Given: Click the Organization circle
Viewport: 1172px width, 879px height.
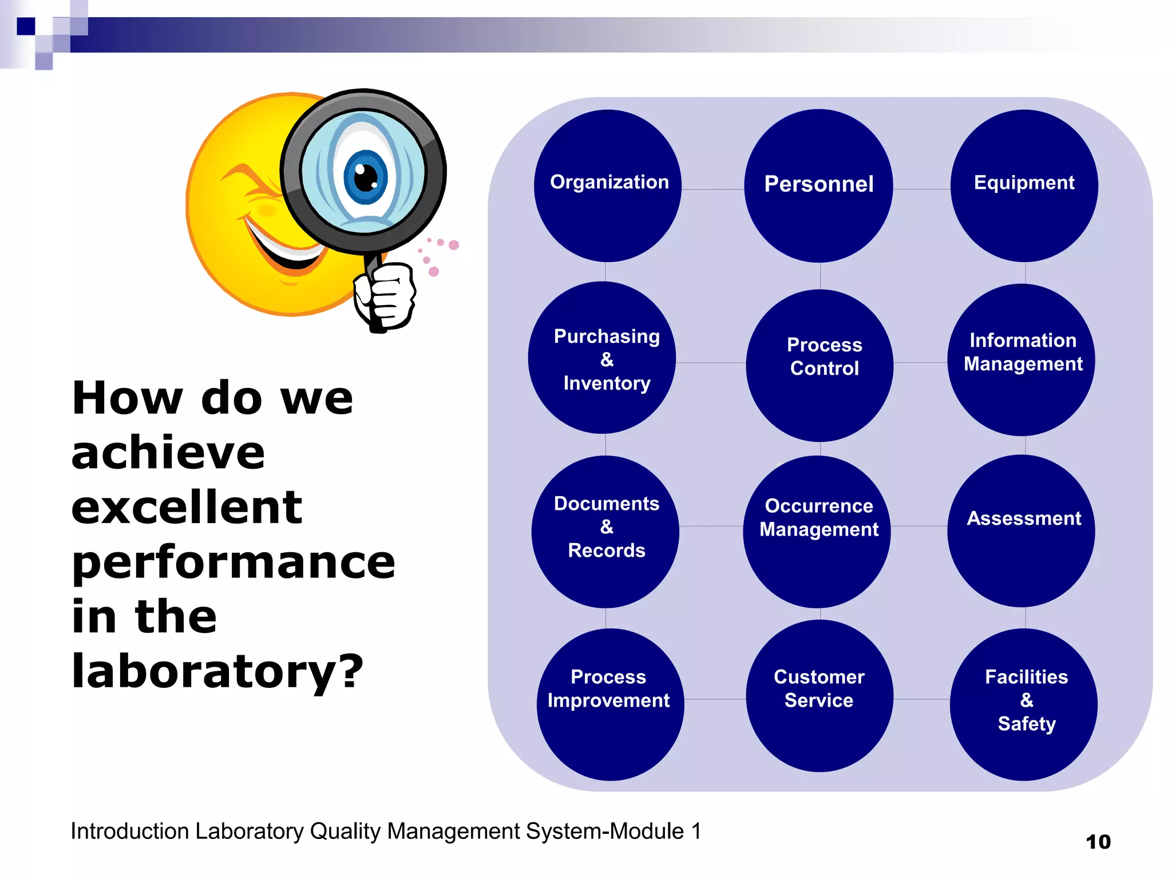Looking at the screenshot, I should (x=608, y=186).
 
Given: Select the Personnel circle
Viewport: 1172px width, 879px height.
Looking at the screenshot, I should (x=818, y=186).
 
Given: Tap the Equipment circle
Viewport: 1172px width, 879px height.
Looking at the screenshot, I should (x=1024, y=186).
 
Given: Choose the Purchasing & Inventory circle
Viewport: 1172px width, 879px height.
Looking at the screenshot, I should (x=602, y=358).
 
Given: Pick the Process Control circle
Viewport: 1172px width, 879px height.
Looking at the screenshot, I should (x=819, y=365).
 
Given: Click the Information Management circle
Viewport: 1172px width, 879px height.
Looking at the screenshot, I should (x=1021, y=359).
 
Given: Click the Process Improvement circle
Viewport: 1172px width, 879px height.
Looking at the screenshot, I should (x=610, y=704).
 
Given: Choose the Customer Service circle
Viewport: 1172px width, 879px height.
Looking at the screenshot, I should (x=819, y=696).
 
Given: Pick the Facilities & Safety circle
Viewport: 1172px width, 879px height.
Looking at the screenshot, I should (x=1024, y=704).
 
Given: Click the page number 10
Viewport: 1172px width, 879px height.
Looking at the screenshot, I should (x=1098, y=842).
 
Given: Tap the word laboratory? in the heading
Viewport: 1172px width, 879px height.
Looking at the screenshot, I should (x=217, y=671).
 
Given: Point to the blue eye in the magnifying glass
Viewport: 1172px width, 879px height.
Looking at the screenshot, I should (x=365, y=177).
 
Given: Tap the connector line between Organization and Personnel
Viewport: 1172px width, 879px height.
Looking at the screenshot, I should (x=712, y=189).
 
